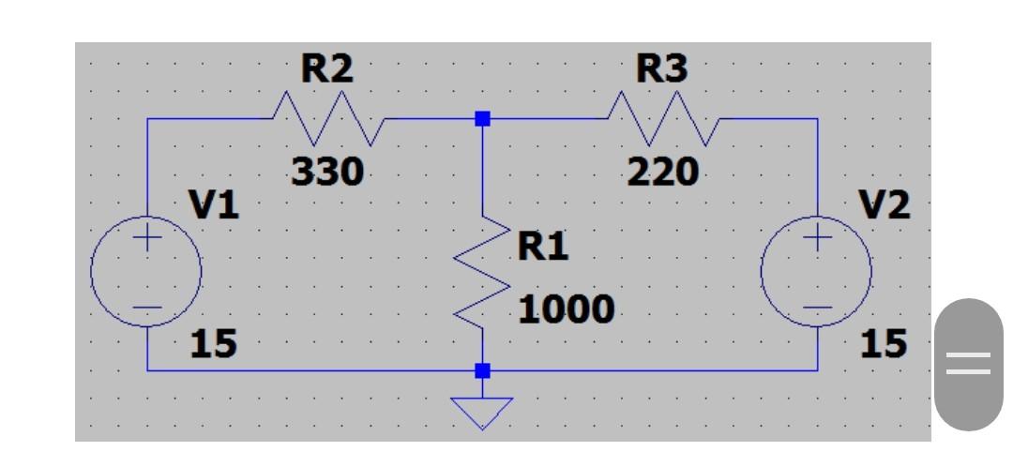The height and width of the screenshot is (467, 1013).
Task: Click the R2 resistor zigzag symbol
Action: (x=327, y=119)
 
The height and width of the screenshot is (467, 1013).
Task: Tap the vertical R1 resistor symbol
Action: (x=483, y=272)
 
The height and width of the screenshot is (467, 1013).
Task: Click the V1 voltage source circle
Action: (x=146, y=272)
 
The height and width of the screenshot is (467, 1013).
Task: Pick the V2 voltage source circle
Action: (x=817, y=272)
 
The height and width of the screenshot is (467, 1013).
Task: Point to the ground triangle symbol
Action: (x=482, y=411)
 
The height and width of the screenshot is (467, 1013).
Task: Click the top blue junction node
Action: (x=482, y=119)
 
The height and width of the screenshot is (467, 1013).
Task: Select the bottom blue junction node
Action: (x=482, y=370)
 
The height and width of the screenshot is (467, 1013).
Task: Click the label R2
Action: (x=326, y=69)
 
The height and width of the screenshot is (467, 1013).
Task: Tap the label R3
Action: (x=661, y=69)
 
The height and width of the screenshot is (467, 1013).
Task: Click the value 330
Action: (x=327, y=173)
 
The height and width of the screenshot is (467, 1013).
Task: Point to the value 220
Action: (x=663, y=173)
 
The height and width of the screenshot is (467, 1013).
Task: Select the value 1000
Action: (x=567, y=309)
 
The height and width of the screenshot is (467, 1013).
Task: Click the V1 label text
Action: (x=215, y=204)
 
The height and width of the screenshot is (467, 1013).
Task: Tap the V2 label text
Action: (x=886, y=204)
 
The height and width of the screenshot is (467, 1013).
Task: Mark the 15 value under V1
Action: (x=214, y=345)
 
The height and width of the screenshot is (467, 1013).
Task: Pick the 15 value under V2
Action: (x=884, y=345)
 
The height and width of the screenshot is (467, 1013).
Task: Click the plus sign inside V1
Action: (x=146, y=238)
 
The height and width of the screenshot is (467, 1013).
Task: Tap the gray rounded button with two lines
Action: (x=968, y=364)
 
